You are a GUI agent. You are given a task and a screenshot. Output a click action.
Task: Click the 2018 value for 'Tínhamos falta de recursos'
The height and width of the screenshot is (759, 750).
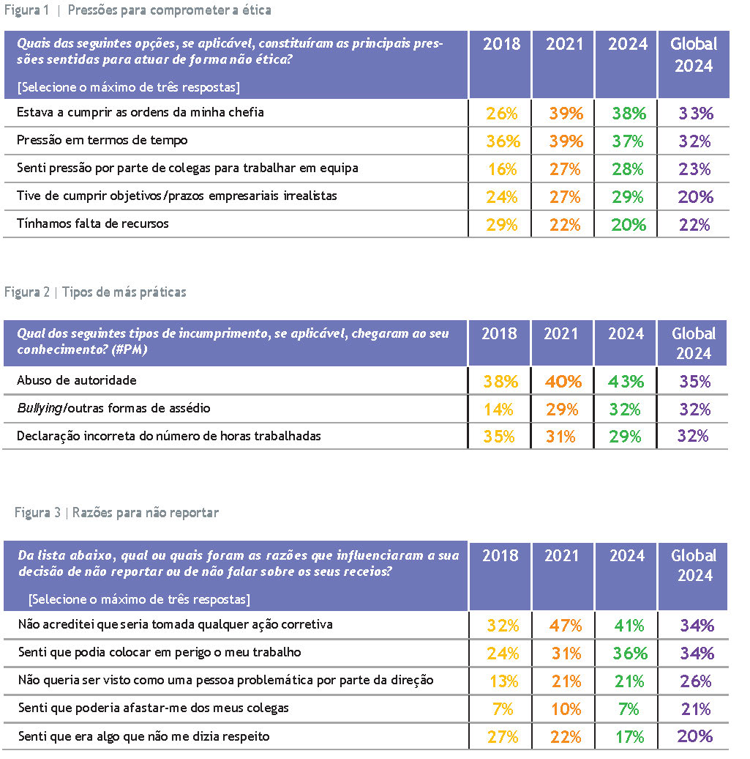(x=501, y=225)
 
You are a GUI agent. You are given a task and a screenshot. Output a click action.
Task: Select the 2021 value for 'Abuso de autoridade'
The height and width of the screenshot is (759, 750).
(x=563, y=382)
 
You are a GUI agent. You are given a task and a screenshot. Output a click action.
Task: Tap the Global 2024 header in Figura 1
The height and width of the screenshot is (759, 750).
(x=693, y=55)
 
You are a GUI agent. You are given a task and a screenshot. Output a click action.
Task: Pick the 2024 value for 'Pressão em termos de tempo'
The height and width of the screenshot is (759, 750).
(x=628, y=141)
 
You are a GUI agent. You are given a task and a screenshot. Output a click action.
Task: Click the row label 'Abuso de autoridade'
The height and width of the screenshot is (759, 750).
(x=77, y=381)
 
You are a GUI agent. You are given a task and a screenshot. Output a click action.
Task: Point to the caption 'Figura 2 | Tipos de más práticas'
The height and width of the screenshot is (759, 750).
(x=95, y=292)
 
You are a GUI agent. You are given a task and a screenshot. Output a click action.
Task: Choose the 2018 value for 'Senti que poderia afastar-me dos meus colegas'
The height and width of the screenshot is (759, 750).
(x=503, y=709)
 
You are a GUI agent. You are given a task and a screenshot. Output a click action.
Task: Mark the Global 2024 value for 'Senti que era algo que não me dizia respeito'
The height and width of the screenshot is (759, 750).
(x=695, y=736)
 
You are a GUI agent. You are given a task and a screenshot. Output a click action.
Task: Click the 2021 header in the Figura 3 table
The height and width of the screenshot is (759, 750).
(x=563, y=556)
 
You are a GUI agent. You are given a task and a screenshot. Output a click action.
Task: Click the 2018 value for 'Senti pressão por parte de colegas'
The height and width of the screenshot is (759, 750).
(x=501, y=169)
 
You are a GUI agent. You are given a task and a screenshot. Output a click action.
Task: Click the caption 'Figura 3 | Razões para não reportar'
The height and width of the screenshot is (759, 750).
(x=116, y=513)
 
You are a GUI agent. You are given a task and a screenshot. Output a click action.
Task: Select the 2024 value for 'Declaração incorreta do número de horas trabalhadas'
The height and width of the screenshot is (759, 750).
(x=626, y=437)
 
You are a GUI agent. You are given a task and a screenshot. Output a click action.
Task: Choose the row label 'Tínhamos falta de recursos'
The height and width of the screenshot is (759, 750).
(x=93, y=223)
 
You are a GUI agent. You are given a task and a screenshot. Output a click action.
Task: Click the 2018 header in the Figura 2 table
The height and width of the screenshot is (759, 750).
(x=500, y=333)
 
